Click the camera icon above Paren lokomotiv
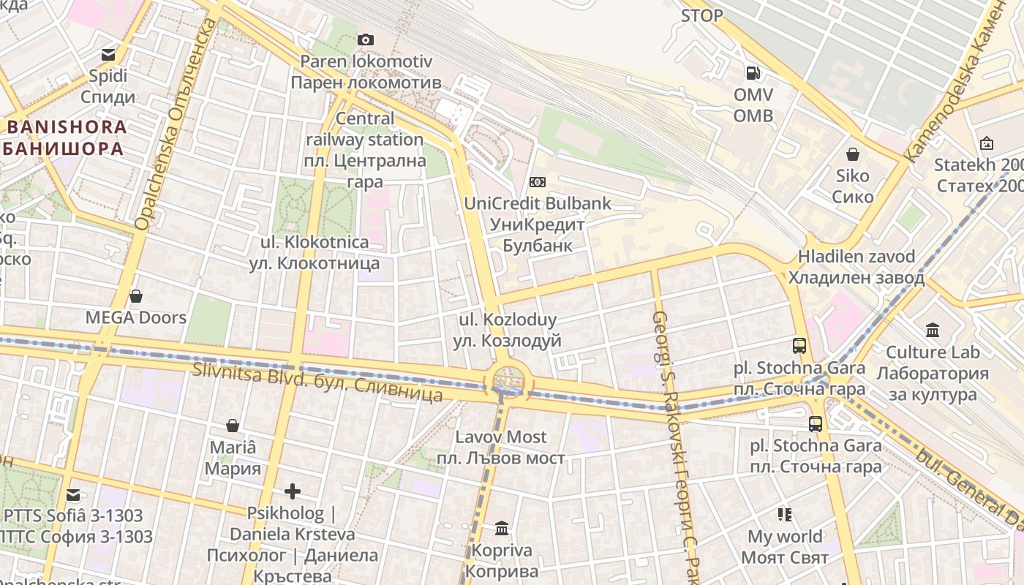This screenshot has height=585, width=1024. (x=366, y=39)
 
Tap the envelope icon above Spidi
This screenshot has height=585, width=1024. (x=108, y=54)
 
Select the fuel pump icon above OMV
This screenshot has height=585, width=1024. (x=753, y=73)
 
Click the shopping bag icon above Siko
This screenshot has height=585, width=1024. (x=852, y=154)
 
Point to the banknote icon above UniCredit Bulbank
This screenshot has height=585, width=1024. (x=538, y=181)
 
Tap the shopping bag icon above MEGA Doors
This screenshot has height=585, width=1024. (x=135, y=296)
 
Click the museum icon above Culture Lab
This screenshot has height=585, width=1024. (x=932, y=331)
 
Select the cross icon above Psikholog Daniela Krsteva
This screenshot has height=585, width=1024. (x=293, y=491)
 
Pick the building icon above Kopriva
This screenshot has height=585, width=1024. (x=502, y=528)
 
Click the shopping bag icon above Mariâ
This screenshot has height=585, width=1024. (x=233, y=426)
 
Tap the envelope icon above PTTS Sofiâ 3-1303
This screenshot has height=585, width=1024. (x=72, y=494)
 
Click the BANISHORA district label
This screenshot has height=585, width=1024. (x=67, y=137)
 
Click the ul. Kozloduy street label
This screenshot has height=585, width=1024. (x=508, y=330)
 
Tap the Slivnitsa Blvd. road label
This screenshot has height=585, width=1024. (x=317, y=381)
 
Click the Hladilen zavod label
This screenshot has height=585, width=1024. (x=856, y=267)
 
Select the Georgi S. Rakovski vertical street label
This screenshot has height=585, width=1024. (x=673, y=439)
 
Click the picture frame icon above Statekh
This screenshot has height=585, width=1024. (x=986, y=143)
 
